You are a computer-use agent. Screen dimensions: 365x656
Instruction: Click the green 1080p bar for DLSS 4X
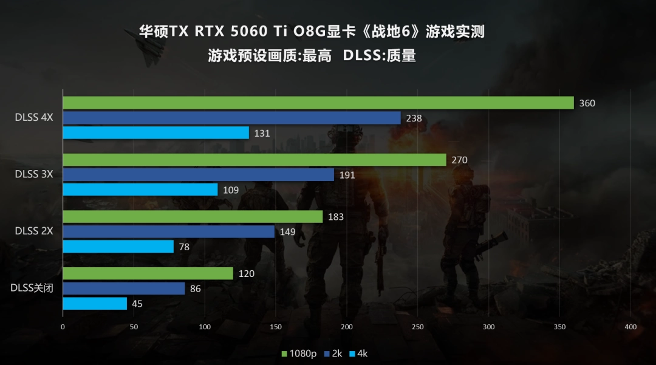click(x=318, y=103)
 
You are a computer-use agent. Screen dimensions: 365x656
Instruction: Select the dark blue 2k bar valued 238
click(x=231, y=118)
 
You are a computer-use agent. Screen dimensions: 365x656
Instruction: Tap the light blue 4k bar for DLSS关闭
click(x=95, y=304)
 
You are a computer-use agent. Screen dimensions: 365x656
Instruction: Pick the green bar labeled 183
click(x=193, y=217)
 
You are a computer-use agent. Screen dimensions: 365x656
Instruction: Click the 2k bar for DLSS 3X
click(x=198, y=175)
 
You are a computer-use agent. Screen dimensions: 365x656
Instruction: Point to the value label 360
click(x=587, y=103)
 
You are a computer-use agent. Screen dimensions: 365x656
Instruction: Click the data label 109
click(x=231, y=190)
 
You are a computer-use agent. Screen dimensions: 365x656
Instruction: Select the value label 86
click(x=195, y=289)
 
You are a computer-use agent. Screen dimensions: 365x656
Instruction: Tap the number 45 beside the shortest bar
click(x=137, y=304)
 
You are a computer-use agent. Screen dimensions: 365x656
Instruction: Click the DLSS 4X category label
click(x=34, y=117)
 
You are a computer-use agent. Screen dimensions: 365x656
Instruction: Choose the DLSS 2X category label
click(x=34, y=231)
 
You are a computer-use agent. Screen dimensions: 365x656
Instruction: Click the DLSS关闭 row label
click(x=32, y=288)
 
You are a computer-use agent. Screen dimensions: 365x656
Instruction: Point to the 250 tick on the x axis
click(x=418, y=327)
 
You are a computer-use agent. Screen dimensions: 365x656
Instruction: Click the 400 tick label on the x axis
click(x=630, y=327)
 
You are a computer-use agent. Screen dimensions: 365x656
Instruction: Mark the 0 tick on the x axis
click(x=63, y=327)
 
